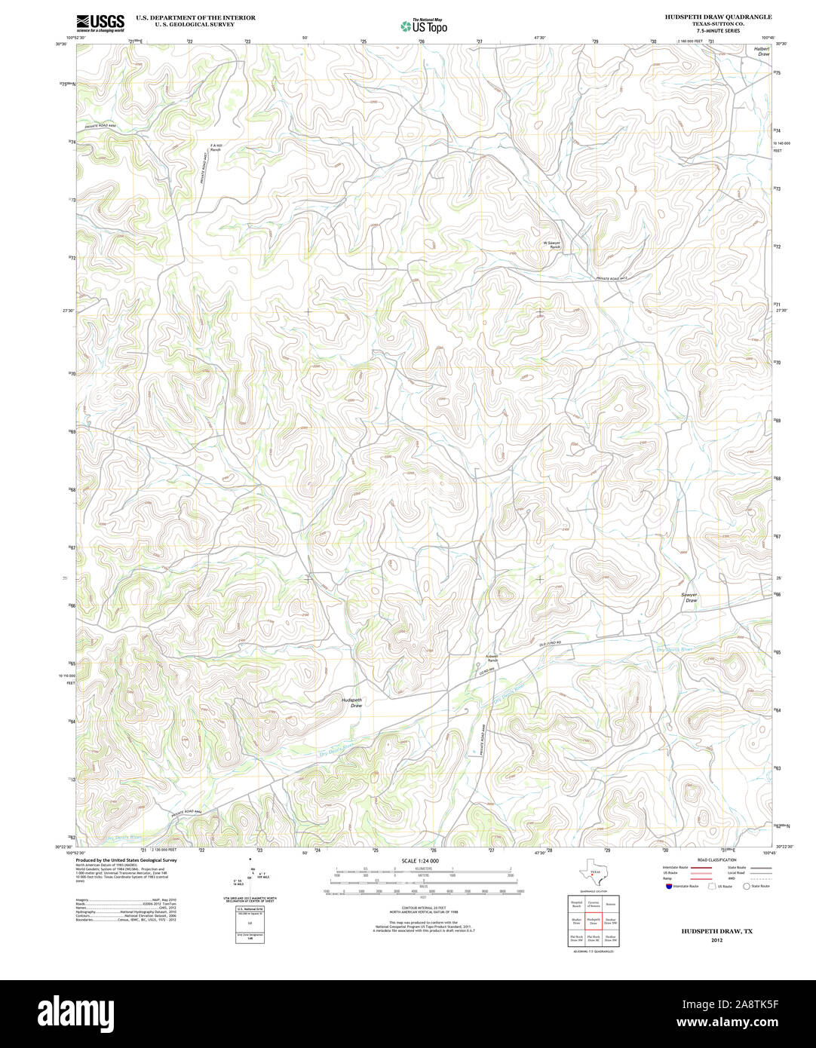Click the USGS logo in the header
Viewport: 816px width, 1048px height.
[100, 22]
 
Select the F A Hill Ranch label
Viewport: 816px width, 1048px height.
[216, 148]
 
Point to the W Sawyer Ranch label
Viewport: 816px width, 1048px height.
[553, 245]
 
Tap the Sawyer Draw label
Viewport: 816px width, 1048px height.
[690, 597]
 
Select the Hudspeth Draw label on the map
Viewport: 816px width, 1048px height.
[351, 703]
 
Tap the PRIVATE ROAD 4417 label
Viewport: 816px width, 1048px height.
[612, 278]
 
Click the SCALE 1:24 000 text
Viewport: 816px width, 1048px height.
[420, 860]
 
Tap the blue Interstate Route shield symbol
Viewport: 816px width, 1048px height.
[667, 887]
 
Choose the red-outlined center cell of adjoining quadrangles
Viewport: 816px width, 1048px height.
[593, 922]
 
